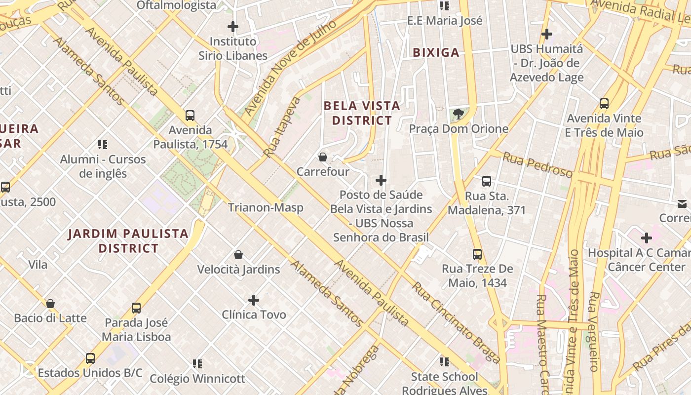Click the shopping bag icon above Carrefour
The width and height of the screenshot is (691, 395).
pyautogui.click(x=323, y=157)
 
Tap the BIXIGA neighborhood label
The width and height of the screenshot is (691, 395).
pyautogui.click(x=436, y=52)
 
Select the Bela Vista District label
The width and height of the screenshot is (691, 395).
pyautogui.click(x=362, y=113)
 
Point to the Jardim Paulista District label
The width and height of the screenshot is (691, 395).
pyautogui.click(x=128, y=240)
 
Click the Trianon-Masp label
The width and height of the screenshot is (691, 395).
pyautogui.click(x=266, y=208)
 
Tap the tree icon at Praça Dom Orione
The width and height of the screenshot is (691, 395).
pyautogui.click(x=459, y=114)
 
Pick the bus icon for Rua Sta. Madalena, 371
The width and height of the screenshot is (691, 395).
pyautogui.click(x=487, y=181)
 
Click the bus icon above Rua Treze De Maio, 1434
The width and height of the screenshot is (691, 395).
pyautogui.click(x=477, y=254)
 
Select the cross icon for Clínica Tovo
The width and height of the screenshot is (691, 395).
pyautogui.click(x=254, y=300)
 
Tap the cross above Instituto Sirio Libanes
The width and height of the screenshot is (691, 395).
pyautogui.click(x=233, y=27)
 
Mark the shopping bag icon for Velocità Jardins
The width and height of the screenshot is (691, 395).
pyautogui.click(x=238, y=255)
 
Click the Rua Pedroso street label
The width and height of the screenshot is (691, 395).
pyautogui.click(x=537, y=165)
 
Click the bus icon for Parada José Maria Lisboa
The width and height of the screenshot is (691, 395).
pyautogui.click(x=136, y=308)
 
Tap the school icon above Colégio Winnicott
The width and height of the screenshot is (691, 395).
pyautogui.click(x=197, y=364)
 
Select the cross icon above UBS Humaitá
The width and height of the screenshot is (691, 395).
pyautogui.click(x=546, y=34)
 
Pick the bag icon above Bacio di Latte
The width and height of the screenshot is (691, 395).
pyautogui.click(x=50, y=304)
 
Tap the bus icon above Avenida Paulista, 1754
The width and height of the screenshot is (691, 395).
pyautogui.click(x=190, y=116)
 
